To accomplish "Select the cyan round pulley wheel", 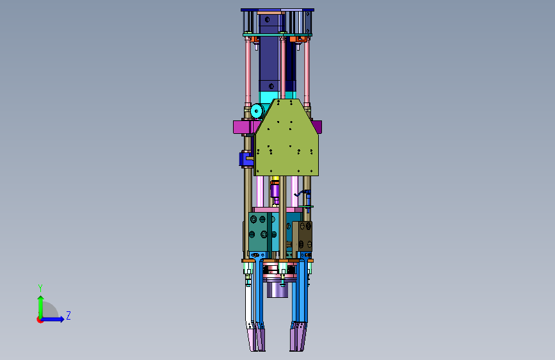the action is click(x=257, y=111).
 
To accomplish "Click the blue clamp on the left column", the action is click(x=246, y=159).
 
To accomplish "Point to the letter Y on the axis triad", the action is click(x=40, y=288).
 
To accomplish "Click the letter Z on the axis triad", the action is click(x=68, y=315).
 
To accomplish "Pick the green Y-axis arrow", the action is click(x=41, y=307).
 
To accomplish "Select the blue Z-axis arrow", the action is click(x=52, y=319).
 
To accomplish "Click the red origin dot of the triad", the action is click(x=40, y=320).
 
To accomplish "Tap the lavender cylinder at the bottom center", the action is click(x=277, y=288).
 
